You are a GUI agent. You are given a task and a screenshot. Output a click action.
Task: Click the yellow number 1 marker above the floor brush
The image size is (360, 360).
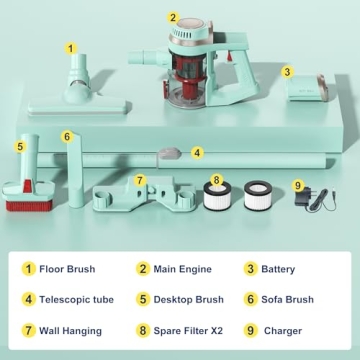(70, 48)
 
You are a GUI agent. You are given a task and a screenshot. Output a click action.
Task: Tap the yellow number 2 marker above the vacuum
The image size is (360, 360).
(173, 18)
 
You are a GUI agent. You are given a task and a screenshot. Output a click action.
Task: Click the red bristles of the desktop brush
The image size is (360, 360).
(29, 205)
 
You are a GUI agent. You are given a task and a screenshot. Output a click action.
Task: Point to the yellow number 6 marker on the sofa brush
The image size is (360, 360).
(67, 137)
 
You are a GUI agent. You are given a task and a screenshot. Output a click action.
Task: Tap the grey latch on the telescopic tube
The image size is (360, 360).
(170, 154)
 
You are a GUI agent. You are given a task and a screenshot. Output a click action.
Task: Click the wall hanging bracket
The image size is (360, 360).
(144, 195)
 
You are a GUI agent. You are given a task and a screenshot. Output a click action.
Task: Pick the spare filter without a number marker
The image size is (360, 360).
(258, 195)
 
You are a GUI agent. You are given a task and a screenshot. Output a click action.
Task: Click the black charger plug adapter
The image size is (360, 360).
(303, 198)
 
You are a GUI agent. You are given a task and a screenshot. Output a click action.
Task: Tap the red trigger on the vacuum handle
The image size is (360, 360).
(229, 56)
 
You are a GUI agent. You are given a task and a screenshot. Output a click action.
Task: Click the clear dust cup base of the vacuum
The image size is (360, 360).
(187, 96)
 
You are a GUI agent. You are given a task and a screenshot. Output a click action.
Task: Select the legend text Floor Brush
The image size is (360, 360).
(67, 269)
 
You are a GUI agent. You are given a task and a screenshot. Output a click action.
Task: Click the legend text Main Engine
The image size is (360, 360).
(182, 269)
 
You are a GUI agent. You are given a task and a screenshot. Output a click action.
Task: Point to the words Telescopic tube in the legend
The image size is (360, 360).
(77, 299)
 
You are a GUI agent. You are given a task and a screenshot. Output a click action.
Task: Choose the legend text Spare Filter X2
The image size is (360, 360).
(188, 331)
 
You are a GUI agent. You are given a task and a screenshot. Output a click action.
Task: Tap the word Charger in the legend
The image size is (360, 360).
(283, 331)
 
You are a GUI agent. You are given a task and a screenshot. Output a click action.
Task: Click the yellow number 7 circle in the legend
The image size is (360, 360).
(29, 331)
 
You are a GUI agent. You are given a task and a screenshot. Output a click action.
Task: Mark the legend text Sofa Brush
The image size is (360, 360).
(287, 299)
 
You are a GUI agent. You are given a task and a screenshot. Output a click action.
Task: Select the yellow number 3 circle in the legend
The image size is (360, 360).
(251, 269)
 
